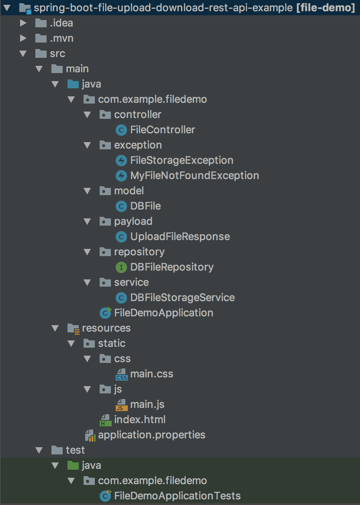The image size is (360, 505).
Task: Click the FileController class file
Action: (162, 130)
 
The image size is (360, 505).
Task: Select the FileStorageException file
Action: (182, 160)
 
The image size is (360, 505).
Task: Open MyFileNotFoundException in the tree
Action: (194, 175)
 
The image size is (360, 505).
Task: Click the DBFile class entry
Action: (145, 206)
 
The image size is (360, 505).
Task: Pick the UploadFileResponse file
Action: (180, 236)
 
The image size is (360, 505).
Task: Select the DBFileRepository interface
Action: (172, 267)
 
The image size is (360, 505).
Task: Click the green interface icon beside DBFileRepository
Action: (121, 267)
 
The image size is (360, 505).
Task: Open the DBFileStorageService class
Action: (182, 297)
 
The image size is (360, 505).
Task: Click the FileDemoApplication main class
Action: (164, 313)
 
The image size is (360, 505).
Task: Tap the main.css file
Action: (151, 374)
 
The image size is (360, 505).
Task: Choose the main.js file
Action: (147, 404)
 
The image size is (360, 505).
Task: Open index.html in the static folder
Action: (139, 419)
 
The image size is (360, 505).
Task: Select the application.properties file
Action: (151, 435)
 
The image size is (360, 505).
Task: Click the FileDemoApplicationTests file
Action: (177, 496)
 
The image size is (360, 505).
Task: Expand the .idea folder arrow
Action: (23, 23)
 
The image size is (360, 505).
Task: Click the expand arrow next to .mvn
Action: (23, 38)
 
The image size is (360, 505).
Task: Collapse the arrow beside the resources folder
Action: (55, 328)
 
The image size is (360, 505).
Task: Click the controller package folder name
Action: (137, 114)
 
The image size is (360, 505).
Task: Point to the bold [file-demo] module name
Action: (325, 8)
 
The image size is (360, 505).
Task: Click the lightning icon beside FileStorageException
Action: (121, 160)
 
